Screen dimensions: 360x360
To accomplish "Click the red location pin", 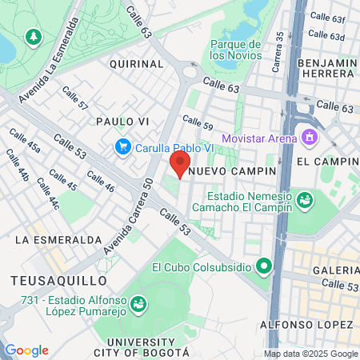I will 178,164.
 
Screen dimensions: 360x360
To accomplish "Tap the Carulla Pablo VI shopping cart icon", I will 122,146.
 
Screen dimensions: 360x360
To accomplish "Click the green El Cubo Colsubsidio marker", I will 262,266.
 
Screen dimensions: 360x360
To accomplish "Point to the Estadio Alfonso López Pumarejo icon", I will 138,304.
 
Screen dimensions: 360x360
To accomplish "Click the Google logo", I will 26,350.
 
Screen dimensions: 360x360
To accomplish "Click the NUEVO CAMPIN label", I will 238,171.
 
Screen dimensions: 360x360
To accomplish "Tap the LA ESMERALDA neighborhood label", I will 58,239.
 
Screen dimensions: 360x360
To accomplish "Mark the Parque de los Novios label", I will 234,49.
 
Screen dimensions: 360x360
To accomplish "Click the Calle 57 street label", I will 75,99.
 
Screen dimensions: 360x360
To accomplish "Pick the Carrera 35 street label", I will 278,52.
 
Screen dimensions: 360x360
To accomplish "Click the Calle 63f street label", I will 327,17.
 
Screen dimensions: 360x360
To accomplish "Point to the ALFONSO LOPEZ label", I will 306,324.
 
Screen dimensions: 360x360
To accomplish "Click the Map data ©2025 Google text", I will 311,354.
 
